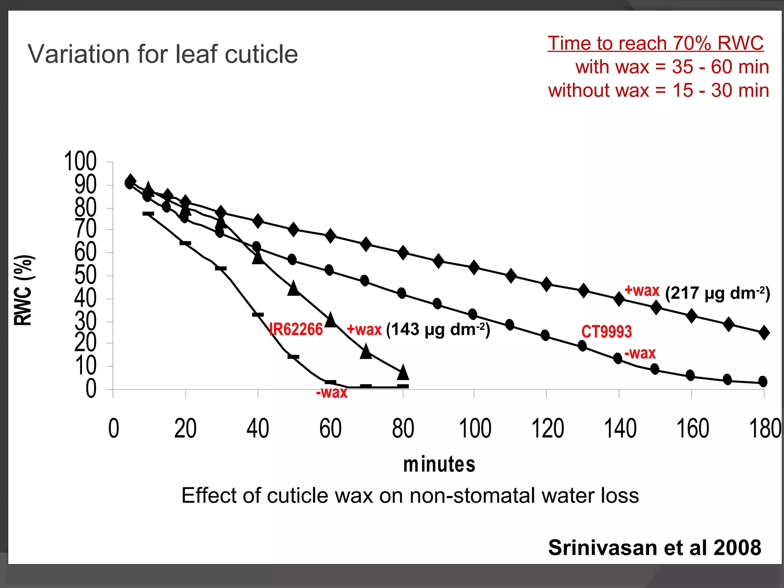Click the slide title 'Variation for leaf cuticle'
point(163,54)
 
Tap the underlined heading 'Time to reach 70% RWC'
point(655,43)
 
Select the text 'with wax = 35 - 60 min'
point(672,67)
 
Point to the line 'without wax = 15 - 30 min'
point(658,91)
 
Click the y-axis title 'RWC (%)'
point(24,290)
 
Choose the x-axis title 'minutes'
point(439,464)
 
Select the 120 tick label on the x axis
point(547,428)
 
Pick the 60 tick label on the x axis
point(330,428)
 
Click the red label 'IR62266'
point(296,329)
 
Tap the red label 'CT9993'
point(606,332)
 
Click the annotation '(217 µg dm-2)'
point(717,293)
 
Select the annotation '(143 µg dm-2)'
point(438,329)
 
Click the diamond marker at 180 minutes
point(764,332)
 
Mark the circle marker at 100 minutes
point(473,314)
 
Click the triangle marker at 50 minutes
point(294,288)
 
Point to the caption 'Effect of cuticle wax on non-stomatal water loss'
point(410,495)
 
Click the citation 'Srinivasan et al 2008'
point(655,547)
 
